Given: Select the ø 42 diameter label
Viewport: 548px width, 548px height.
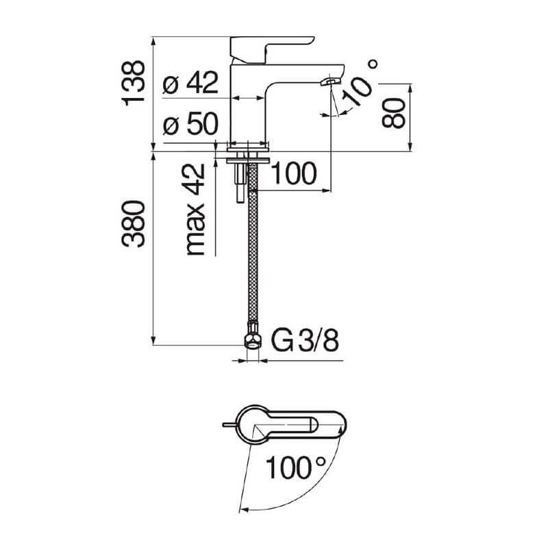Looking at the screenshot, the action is click(x=191, y=83).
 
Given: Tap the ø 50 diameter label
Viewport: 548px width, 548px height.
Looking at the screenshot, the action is click(x=191, y=123).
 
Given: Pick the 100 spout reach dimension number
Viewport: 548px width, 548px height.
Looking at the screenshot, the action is click(x=294, y=173).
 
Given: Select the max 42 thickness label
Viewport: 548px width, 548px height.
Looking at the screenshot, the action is click(x=195, y=210).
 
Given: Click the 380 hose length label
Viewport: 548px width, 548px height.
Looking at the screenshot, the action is click(x=133, y=224).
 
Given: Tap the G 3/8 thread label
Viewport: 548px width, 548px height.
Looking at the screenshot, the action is click(x=305, y=340).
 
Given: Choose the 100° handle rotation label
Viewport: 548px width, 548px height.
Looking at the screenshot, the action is click(x=296, y=467).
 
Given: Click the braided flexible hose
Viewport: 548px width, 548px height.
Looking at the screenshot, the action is click(x=253, y=244).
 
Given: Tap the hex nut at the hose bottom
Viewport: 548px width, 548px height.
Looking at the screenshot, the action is click(x=252, y=340).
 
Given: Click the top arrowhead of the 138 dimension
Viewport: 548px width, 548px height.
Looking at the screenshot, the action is click(x=153, y=40).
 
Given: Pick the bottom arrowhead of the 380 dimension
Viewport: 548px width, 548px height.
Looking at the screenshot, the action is click(x=153, y=340).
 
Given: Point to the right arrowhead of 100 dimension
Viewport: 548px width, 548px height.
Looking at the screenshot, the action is click(x=327, y=190).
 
